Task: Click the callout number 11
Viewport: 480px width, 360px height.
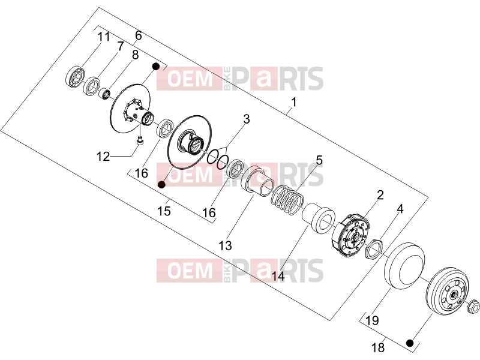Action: tap(103, 37)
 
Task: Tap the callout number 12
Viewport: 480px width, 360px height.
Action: tap(103, 157)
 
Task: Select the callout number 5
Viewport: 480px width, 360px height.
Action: tap(319, 160)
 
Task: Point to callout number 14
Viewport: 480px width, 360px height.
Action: tap(278, 276)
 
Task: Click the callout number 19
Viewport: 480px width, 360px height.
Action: tap(372, 320)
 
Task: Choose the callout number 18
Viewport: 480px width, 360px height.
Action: tap(378, 347)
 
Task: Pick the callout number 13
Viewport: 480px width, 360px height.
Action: tap(225, 245)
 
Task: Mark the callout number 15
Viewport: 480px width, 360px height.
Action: tap(164, 211)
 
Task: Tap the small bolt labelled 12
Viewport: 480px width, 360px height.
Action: tap(140, 142)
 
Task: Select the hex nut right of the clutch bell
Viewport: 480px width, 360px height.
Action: tap(473, 307)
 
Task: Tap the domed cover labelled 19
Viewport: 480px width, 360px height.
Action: tap(404, 266)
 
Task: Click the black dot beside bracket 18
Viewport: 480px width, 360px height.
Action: tap(410, 343)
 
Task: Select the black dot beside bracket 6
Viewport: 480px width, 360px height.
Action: tap(156, 66)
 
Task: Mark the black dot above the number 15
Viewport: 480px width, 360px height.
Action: tap(161, 184)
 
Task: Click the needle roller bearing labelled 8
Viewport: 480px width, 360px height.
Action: tap(104, 93)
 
